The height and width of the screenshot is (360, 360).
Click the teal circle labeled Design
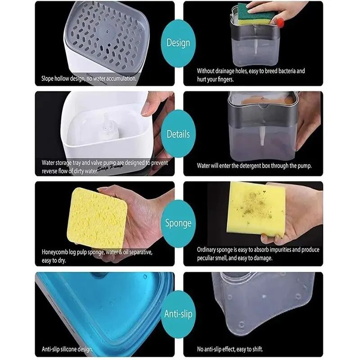(178, 43)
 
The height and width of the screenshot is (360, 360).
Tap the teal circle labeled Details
(178, 134)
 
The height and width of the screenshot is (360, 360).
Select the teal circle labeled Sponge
(178, 223)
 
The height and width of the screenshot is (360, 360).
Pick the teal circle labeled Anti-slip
(178, 314)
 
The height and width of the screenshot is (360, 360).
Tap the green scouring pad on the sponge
(255, 14)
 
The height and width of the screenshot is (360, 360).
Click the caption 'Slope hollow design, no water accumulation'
(89, 79)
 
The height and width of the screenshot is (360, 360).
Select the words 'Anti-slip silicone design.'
(67, 349)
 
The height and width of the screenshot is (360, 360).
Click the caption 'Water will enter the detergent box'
(254, 166)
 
